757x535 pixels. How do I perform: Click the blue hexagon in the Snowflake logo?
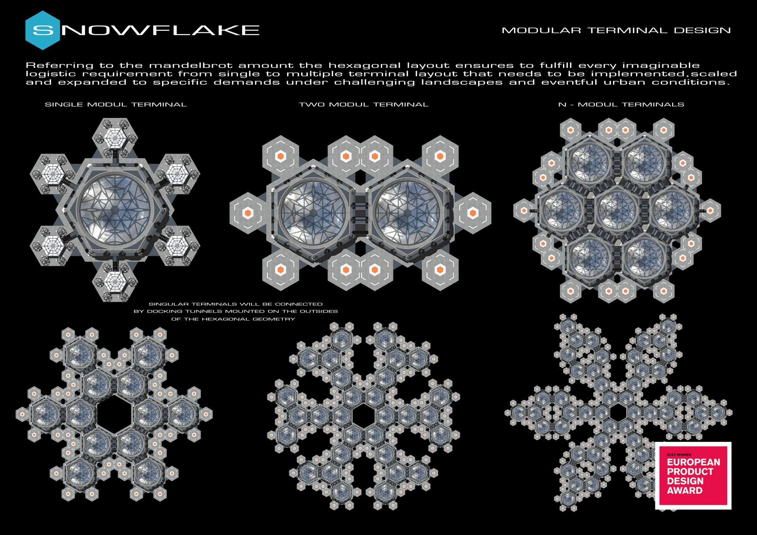[x=43, y=30]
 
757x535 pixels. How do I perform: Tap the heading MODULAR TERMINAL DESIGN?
[x=616, y=30]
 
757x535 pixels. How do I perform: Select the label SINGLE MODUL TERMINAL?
[x=116, y=104]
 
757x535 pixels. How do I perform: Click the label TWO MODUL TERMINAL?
[x=364, y=104]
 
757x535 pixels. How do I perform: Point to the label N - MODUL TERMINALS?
[x=621, y=104]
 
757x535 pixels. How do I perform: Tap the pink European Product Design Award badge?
[x=693, y=475]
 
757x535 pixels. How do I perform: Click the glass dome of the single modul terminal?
[x=115, y=209]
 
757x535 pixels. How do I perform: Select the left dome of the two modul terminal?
[x=315, y=212]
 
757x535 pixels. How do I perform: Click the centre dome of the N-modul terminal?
[x=617, y=210]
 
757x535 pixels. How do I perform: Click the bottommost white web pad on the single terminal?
[x=115, y=282]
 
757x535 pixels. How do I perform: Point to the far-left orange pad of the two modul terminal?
[x=247, y=213]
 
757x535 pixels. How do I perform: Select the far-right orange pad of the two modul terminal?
[x=473, y=213]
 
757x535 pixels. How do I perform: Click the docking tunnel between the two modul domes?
[x=360, y=212]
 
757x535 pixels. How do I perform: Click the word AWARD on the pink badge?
[x=685, y=491]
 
